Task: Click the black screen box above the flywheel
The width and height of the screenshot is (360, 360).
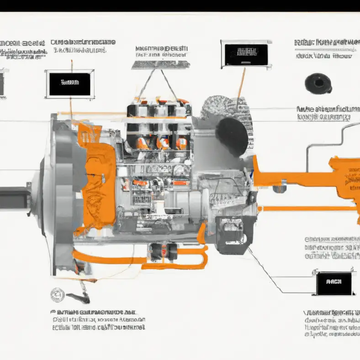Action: (69, 84)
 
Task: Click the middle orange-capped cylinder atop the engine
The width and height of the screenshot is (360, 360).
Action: (162, 143)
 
